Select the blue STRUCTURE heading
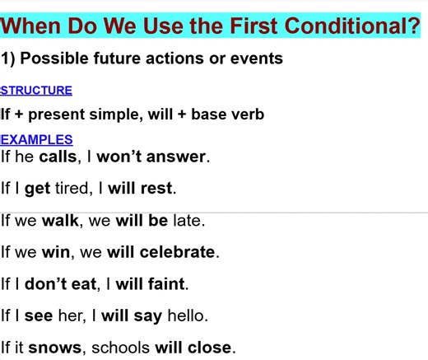tap(36, 91)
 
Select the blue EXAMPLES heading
tap(36, 140)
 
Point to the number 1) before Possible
tap(9, 59)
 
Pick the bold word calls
tap(58, 156)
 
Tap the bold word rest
tap(156, 188)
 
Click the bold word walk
tap(59, 221)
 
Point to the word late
tap(188, 221)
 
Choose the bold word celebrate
tap(178, 252)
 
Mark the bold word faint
tap(168, 284)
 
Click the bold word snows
tap(55, 348)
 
